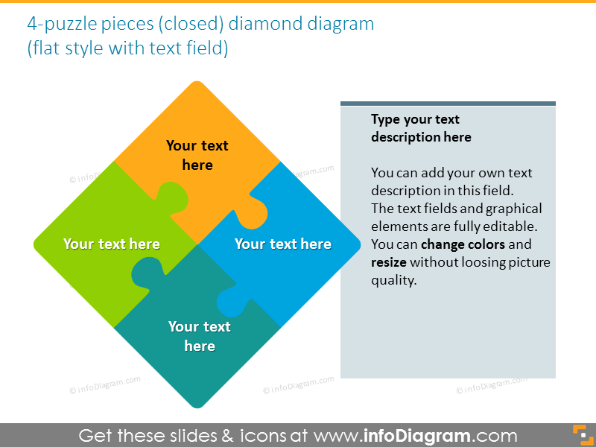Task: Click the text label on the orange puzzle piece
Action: [x=197, y=155]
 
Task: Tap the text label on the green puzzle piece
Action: [x=112, y=244]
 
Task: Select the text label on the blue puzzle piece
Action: [x=283, y=244]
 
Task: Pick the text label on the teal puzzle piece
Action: [x=200, y=336]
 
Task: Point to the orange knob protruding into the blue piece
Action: [x=257, y=214]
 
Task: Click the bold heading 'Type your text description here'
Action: [x=421, y=128]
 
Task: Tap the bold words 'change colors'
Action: [x=463, y=244]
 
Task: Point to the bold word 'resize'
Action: [x=388, y=262]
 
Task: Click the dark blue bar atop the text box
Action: [x=448, y=104]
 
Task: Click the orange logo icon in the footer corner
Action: [x=579, y=434]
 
